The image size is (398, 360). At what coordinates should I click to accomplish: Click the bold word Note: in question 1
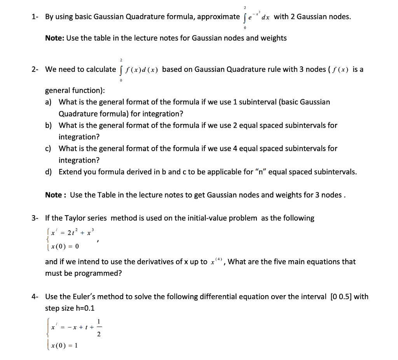coord(55,38)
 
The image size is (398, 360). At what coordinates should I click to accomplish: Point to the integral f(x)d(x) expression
coord(139,70)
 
